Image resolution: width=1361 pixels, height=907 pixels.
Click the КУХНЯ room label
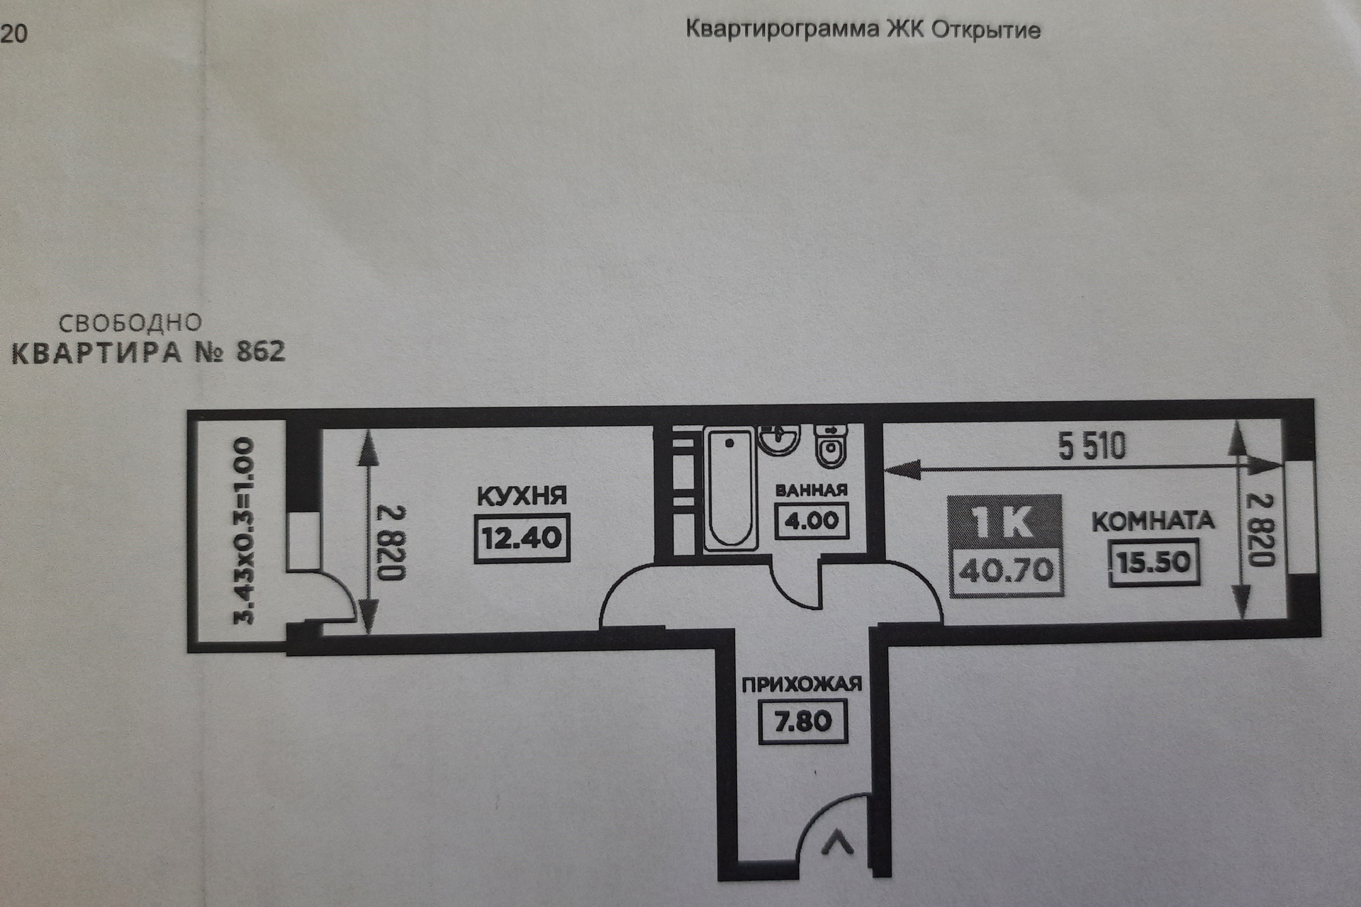(x=522, y=496)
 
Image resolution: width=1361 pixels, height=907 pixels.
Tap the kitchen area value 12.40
(x=522, y=539)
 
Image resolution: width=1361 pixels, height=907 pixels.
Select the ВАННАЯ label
(x=811, y=490)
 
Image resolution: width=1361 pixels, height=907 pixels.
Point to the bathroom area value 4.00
(x=811, y=521)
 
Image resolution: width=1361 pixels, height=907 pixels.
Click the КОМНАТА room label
(x=1153, y=522)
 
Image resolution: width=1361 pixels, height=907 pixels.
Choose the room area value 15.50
(x=1153, y=563)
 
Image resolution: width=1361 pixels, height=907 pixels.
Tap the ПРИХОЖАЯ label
(x=802, y=685)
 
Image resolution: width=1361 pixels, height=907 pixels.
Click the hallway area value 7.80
(x=802, y=722)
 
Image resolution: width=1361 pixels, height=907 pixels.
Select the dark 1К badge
(x=1004, y=522)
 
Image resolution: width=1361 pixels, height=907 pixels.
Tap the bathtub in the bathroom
(x=729, y=489)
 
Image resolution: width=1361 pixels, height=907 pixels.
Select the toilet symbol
(x=830, y=446)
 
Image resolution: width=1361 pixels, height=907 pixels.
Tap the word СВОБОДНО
(x=130, y=324)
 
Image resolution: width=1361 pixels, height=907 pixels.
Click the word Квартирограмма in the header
(x=782, y=30)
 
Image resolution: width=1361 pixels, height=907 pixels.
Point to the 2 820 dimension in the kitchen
(x=390, y=542)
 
